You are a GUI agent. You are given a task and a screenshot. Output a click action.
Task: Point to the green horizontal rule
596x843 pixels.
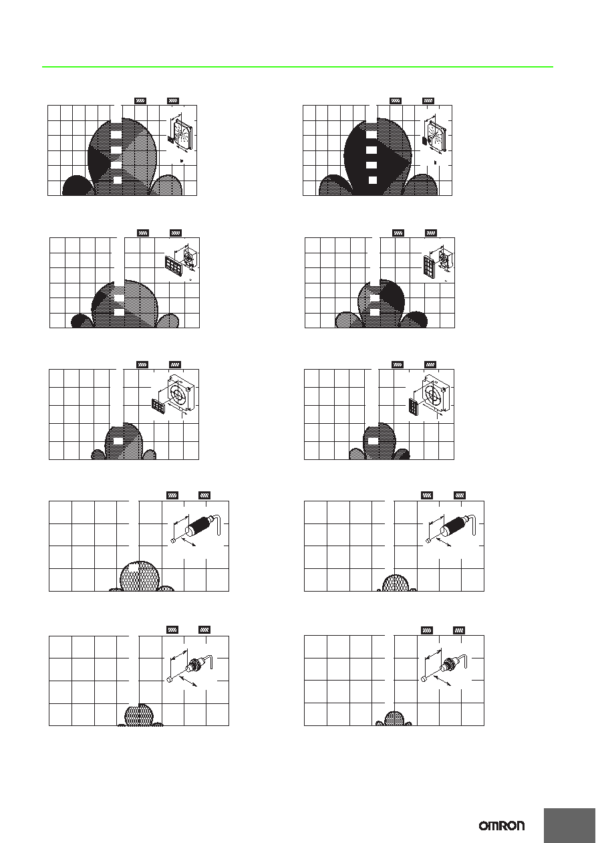tap(297, 67)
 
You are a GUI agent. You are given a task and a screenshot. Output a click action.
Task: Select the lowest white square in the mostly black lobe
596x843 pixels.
tap(372, 180)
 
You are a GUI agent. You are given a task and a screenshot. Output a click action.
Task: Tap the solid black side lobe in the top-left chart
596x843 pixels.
tap(78, 186)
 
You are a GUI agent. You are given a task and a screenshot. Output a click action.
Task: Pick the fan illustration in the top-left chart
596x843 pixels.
tap(182, 134)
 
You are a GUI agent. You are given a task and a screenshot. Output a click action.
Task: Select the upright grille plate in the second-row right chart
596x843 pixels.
tap(429, 267)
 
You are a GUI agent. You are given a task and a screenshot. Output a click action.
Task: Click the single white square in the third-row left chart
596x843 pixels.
tap(118, 441)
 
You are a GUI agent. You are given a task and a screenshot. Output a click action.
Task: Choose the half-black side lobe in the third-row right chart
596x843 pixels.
tap(402, 454)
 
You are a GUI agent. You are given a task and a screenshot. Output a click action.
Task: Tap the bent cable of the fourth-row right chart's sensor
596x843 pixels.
tap(472, 524)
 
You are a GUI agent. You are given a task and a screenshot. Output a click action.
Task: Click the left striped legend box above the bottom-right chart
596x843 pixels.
tap(426, 630)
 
